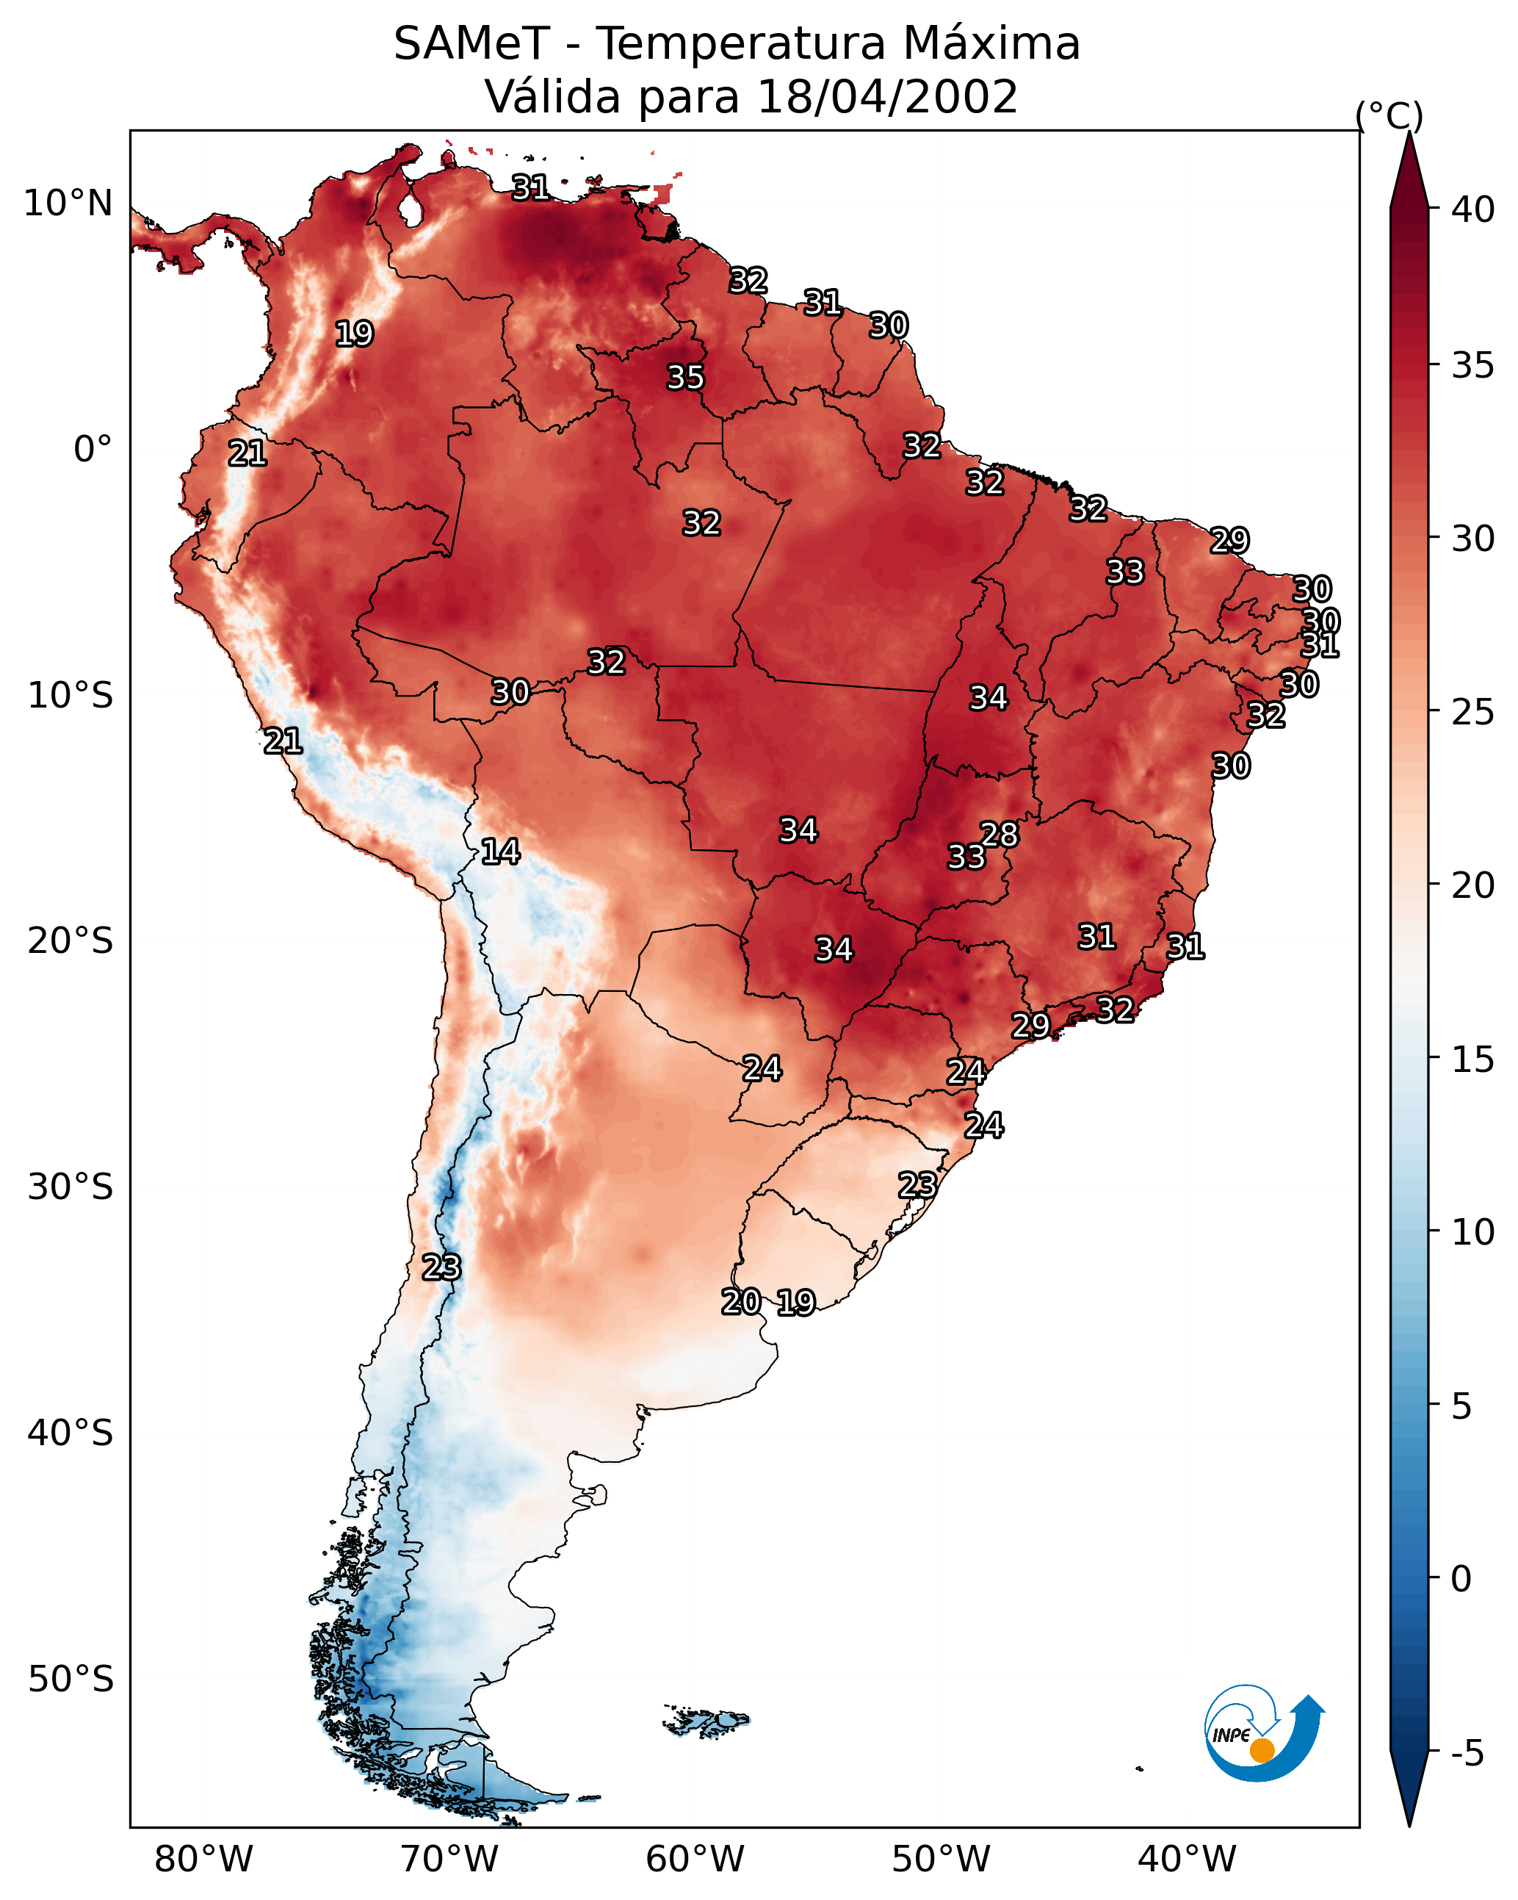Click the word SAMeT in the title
coord(471,44)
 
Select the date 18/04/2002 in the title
coord(886,97)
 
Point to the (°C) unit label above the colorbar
coord(1389,115)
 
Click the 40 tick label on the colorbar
coord(1473,209)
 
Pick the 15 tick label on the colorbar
coord(1473,1059)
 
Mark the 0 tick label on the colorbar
coord(1461,1579)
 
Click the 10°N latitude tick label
coord(68,204)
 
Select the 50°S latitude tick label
coord(71,1680)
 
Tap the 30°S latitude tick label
coord(71,1187)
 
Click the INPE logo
coord(1262,1737)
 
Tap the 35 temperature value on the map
coord(685,377)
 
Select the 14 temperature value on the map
coord(500,852)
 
